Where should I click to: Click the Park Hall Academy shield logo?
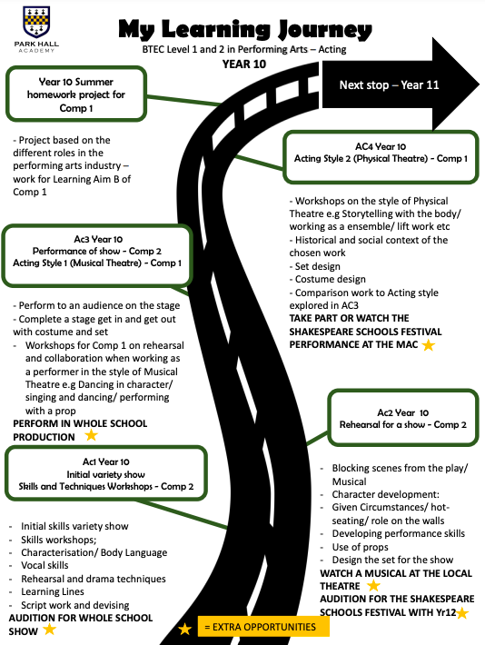click(36, 23)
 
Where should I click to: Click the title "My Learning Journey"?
click(245, 29)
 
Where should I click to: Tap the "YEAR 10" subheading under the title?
click(244, 64)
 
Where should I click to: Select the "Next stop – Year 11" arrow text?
click(389, 85)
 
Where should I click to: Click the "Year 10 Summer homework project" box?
click(76, 94)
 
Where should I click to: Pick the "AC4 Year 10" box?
click(381, 157)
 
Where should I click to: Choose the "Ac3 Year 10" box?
click(97, 255)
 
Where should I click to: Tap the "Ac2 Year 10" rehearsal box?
click(403, 418)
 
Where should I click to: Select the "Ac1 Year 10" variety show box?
click(106, 473)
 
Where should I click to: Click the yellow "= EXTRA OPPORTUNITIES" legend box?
click(263, 627)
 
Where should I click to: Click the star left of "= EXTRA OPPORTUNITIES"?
click(184, 629)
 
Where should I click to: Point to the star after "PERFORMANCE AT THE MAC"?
click(429, 344)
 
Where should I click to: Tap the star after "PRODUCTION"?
click(92, 435)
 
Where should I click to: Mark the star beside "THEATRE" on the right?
click(373, 585)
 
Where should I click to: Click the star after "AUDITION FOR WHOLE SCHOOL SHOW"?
click(50, 629)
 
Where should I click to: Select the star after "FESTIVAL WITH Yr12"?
click(462, 613)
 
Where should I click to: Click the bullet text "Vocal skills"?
click(45, 565)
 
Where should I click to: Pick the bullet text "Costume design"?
click(331, 279)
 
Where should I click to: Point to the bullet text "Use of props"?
click(361, 547)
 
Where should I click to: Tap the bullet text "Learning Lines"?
click(53, 591)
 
